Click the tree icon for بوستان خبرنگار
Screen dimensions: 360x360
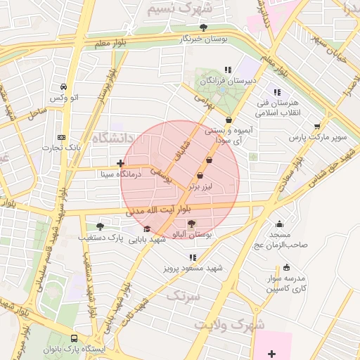(203, 27)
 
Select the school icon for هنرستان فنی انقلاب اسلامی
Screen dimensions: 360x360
(276, 92)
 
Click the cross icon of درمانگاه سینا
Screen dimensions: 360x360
(121, 163)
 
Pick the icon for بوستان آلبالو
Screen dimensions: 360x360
(192, 223)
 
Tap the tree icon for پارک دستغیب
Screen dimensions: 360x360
(99, 226)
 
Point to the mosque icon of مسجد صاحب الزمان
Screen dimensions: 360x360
(279, 224)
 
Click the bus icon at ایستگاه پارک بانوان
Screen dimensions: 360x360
(75, 338)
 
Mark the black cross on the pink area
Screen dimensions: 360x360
(272, 352)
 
